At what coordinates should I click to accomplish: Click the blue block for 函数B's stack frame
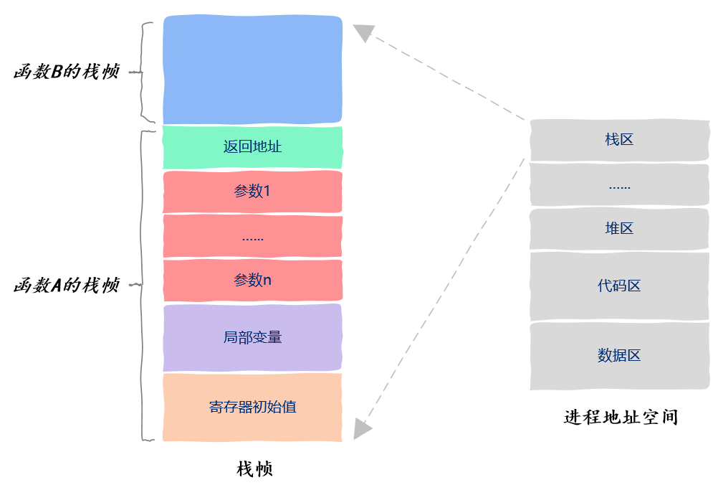[x=252, y=70]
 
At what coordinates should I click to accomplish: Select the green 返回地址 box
[x=252, y=147]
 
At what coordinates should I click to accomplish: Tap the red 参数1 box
[x=252, y=192]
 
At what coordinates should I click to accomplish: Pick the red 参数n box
[x=252, y=280]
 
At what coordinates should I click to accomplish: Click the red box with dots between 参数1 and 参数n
[x=252, y=236]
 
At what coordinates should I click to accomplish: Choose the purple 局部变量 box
[x=252, y=337]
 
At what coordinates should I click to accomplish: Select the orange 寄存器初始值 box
[x=252, y=407]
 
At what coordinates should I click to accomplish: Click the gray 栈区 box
[x=619, y=140]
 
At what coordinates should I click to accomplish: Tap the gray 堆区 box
[x=619, y=229]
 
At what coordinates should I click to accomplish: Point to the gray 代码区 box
[x=619, y=286]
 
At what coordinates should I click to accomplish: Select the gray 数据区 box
[x=619, y=355]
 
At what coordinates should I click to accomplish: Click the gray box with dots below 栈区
[x=619, y=185]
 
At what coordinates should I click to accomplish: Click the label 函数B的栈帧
[x=66, y=72]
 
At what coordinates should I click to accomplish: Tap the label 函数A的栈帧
[x=66, y=286]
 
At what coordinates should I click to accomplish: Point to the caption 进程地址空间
[x=621, y=417]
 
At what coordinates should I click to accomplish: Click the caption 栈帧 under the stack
[x=254, y=469]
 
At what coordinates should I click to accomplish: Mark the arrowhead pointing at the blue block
[x=364, y=32]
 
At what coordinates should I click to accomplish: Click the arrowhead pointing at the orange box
[x=363, y=428]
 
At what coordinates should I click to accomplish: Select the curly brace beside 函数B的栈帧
[x=146, y=72]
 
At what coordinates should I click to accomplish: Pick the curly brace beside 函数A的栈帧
[x=144, y=286]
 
